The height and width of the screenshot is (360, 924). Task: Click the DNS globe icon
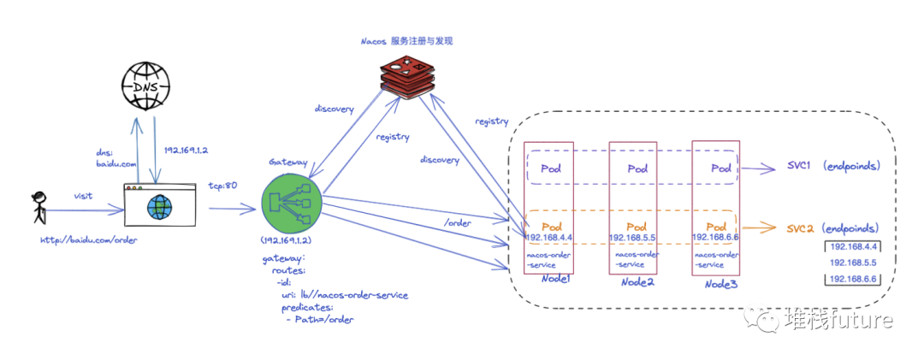145,86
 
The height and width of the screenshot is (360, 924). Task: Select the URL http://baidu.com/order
89,239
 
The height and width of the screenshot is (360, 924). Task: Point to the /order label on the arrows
459,222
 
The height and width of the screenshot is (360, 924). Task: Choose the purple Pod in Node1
552,168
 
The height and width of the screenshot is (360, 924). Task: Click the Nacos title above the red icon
406,40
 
